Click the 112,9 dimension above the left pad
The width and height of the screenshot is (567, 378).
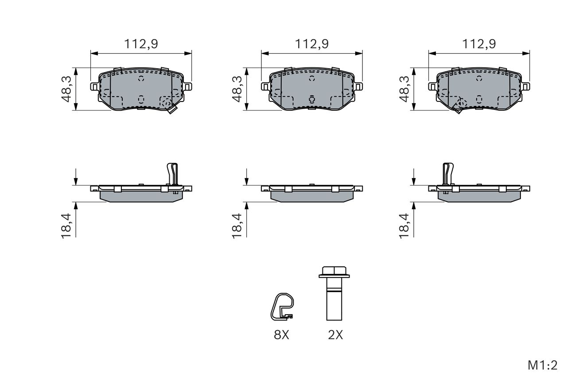click(141, 44)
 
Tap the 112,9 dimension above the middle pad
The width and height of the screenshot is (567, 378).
click(312, 44)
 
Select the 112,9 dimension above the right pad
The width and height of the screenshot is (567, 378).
click(479, 44)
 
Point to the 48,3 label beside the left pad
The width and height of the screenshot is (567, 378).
click(66, 89)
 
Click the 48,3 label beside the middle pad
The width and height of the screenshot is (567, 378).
click(237, 89)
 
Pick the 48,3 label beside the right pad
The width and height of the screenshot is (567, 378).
click(404, 89)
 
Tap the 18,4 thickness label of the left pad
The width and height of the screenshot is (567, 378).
click(66, 226)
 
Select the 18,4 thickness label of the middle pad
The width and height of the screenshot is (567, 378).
click(237, 226)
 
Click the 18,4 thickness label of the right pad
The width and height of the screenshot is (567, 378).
click(404, 226)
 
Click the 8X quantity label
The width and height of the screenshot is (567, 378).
click(281, 335)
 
